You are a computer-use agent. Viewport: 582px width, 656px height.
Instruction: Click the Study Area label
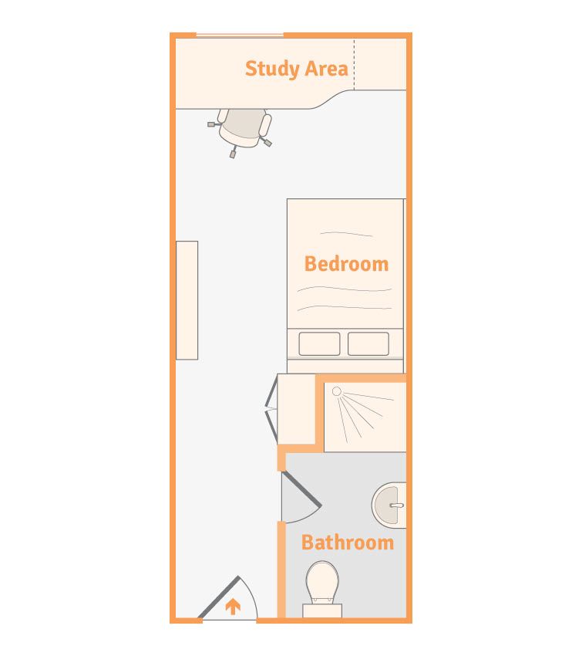[296, 69]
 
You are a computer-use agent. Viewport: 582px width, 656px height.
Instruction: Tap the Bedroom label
[346, 264]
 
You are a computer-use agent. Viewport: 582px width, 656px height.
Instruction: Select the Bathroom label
[347, 543]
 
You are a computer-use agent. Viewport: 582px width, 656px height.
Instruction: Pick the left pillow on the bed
[319, 343]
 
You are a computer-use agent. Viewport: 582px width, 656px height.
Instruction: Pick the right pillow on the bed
[368, 343]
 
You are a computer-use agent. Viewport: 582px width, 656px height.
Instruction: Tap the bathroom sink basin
[389, 506]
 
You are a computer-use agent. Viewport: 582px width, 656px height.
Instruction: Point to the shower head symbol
[336, 391]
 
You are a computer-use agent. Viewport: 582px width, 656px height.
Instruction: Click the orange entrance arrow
[232, 607]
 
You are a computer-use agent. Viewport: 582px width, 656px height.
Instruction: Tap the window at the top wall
[239, 35]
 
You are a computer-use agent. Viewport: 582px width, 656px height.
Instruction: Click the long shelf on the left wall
[187, 300]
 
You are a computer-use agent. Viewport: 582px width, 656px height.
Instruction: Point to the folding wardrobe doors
[271, 409]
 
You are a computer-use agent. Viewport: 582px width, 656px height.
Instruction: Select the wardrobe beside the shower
[298, 409]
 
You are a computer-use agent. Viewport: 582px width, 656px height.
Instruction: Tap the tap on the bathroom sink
[396, 506]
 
